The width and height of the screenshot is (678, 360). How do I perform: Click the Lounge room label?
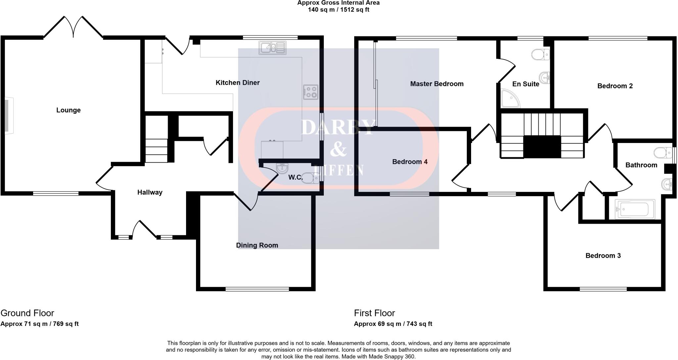coord(68,110)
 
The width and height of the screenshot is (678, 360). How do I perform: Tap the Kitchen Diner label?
coord(237,83)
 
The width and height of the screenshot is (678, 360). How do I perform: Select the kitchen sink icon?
coord(272,48)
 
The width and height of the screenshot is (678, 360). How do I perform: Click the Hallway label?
coord(150,192)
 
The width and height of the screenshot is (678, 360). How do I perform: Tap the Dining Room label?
coord(257,245)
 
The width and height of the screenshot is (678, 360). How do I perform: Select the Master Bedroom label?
coord(437,84)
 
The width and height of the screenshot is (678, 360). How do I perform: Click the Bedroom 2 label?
coord(615,86)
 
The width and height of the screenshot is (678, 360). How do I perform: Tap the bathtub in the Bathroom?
coord(635,209)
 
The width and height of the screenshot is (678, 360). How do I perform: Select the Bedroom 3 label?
coord(603,255)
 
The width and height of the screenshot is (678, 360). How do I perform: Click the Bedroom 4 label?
coord(410,162)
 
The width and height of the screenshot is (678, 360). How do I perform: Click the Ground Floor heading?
coord(27,313)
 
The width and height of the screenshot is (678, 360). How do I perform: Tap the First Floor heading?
coord(374,313)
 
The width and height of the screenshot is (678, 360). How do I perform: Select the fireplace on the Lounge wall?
coord(9,115)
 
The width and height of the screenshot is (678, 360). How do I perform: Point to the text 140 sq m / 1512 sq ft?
coord(338,10)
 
